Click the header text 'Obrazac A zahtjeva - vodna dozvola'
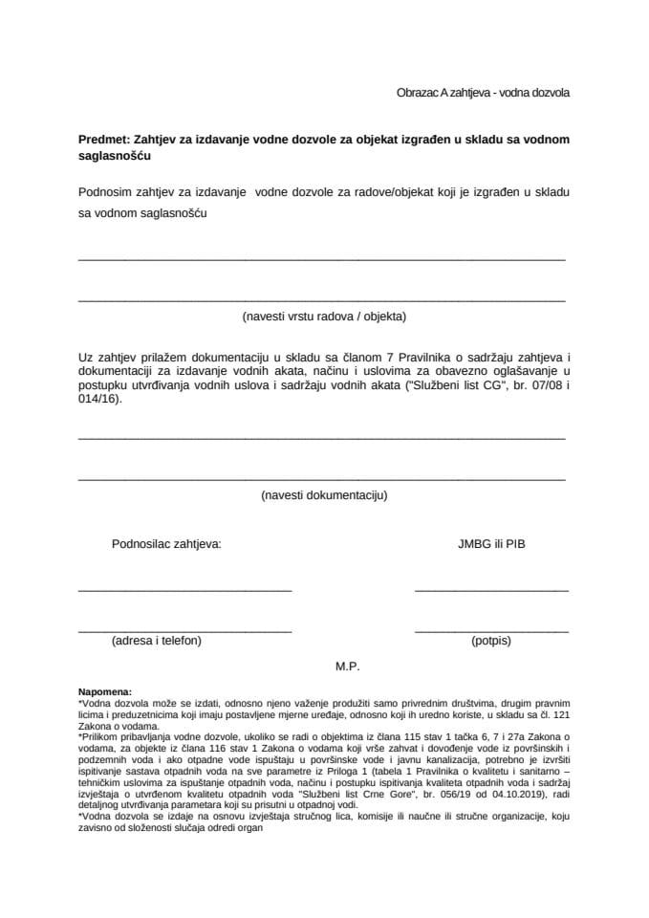pyautogui.click(x=483, y=93)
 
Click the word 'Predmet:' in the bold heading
pyautogui.click(x=104, y=140)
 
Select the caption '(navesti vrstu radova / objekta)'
pyautogui.click(x=324, y=316)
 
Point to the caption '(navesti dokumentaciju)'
pyautogui.click(x=324, y=495)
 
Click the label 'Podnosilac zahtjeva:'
pyautogui.click(x=166, y=544)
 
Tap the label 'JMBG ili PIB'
pyautogui.click(x=491, y=544)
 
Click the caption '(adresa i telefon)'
pyautogui.click(x=157, y=641)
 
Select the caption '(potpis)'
pyautogui.click(x=491, y=641)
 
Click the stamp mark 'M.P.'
pyautogui.click(x=347, y=665)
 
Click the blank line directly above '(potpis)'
pyautogui.click(x=491, y=631)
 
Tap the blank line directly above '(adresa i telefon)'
pyautogui.click(x=184, y=631)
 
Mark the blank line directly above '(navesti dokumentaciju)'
pyautogui.click(x=321, y=477)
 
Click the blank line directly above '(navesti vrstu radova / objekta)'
pyautogui.click(x=321, y=299)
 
